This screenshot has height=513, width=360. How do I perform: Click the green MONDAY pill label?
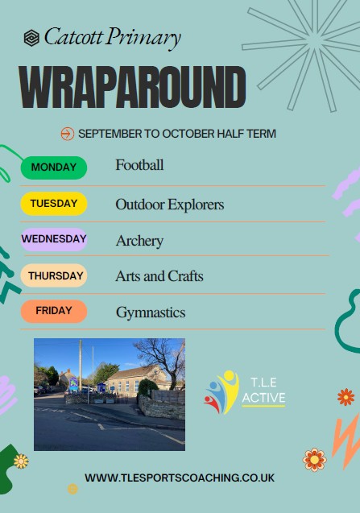(54, 168)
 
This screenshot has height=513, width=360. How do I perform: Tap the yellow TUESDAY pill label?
(54, 204)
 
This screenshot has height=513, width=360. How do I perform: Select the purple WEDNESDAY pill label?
(54, 239)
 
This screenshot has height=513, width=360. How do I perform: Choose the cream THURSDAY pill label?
(54, 275)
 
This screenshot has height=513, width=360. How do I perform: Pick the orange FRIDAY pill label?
(54, 311)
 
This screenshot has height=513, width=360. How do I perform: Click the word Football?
(139, 165)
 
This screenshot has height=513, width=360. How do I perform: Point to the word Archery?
(139, 241)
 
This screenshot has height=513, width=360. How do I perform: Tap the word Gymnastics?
(151, 312)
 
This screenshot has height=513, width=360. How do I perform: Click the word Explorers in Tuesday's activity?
(196, 205)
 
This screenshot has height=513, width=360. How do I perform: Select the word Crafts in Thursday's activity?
(185, 276)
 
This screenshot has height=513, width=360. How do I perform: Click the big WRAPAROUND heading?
(132, 87)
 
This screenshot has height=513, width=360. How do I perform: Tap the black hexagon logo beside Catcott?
(31, 38)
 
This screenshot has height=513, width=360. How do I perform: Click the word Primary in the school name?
(144, 39)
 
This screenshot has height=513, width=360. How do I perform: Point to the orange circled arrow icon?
(68, 134)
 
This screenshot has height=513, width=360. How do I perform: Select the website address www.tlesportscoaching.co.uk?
(180, 478)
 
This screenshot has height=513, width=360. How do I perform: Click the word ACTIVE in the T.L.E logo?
(264, 398)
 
